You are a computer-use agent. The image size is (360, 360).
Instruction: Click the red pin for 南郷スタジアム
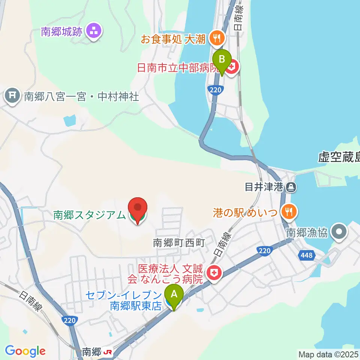[138, 207]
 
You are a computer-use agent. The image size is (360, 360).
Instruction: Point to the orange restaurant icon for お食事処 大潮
[216, 37]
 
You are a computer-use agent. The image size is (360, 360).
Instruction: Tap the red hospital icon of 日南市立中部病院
[232, 68]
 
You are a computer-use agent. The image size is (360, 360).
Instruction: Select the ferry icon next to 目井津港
[290, 186]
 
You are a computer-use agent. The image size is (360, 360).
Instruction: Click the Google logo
[25, 351]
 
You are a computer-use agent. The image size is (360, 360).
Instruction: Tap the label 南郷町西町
[179, 243]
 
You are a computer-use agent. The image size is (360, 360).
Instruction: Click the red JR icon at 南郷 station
[108, 352]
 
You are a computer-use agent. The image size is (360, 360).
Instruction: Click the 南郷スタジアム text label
[89, 215]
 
